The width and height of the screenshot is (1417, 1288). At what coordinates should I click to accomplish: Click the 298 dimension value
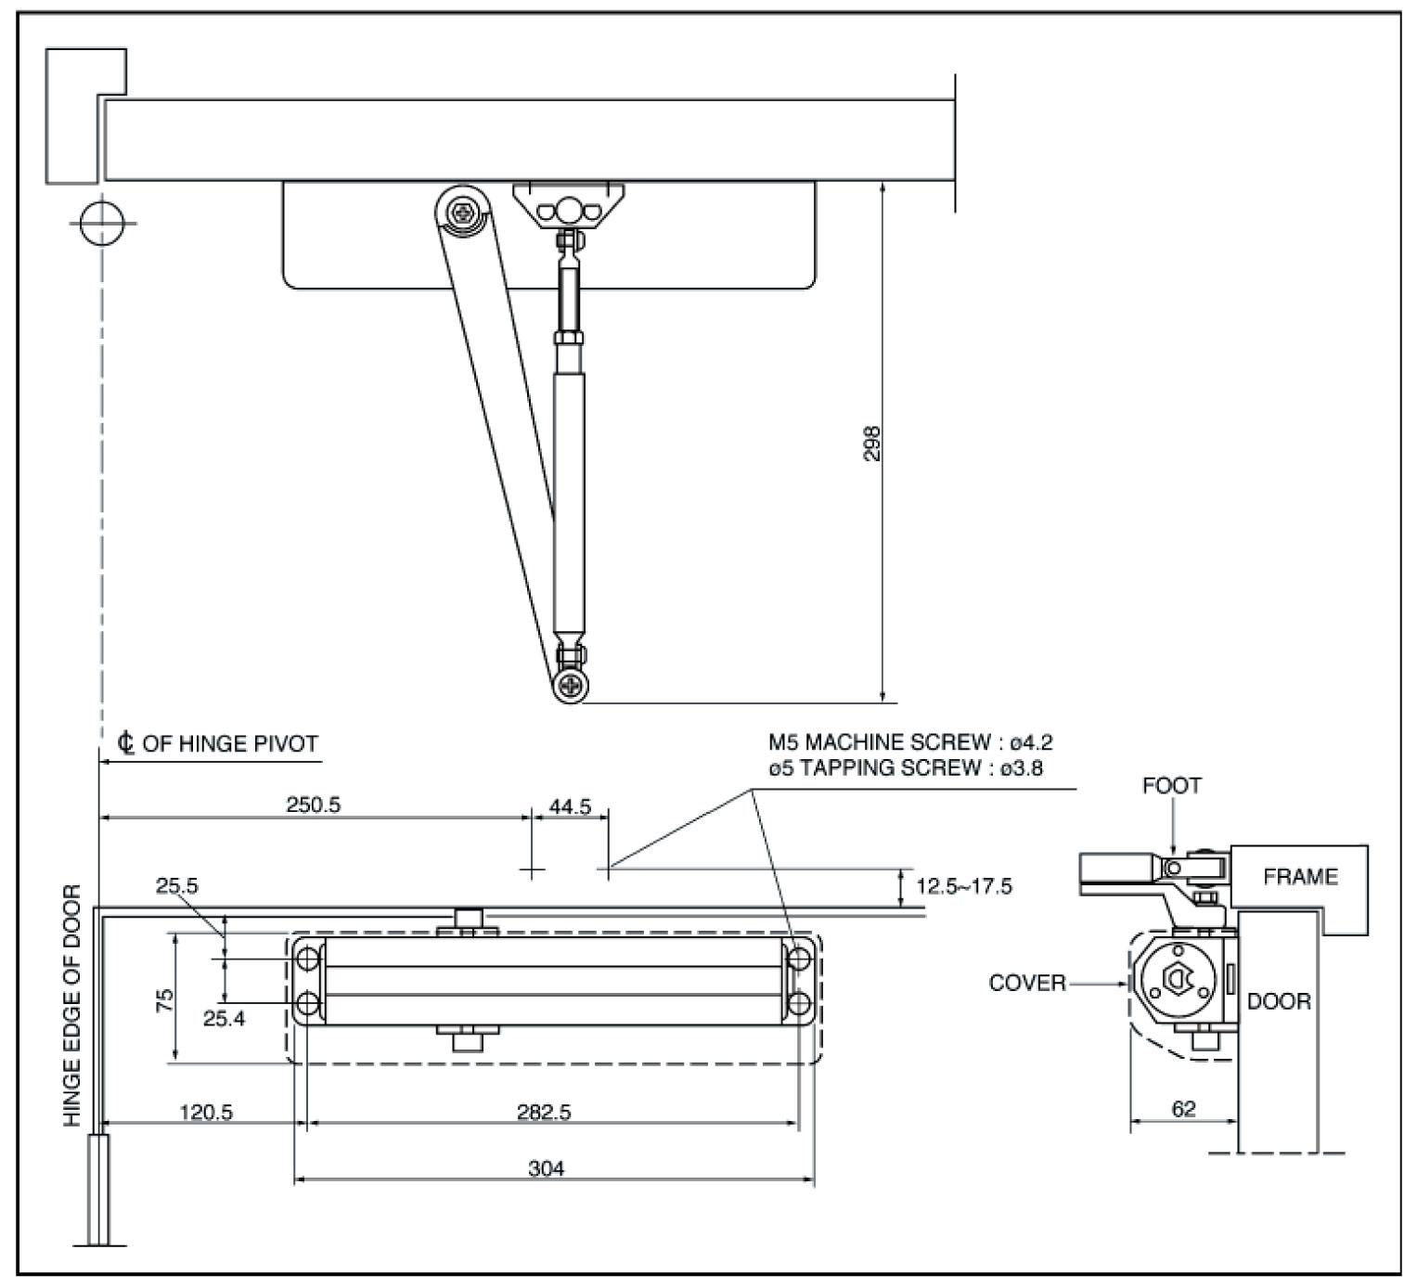[x=871, y=444]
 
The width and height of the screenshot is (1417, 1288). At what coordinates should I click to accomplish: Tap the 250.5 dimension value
[x=313, y=805]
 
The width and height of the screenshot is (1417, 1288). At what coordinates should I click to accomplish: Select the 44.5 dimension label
[x=570, y=806]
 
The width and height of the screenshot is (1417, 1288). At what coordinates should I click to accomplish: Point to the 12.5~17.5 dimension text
[x=964, y=886]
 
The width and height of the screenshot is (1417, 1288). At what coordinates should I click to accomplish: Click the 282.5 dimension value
[x=544, y=1112]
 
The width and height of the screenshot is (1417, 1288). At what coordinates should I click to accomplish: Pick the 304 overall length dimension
[x=546, y=1168]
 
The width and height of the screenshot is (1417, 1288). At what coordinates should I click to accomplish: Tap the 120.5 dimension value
[x=206, y=1112]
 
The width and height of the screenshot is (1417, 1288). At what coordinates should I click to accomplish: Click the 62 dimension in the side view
[x=1183, y=1109]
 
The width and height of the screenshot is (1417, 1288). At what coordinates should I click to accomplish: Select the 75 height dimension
[x=164, y=999]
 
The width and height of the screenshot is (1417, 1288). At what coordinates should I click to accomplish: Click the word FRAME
[x=1300, y=877]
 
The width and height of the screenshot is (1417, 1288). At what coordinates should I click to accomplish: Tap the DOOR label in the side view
[x=1279, y=1001]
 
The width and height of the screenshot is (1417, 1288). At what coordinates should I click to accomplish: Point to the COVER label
[x=1027, y=983]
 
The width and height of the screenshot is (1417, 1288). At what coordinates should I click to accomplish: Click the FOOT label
[x=1172, y=786]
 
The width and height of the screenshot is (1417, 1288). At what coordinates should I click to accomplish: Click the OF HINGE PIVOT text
[x=230, y=743]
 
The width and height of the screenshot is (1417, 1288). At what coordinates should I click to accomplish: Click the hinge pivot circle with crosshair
[x=102, y=224]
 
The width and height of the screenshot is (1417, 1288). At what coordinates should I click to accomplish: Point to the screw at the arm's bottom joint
[x=570, y=685]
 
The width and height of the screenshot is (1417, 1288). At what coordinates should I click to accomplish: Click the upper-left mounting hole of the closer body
[x=308, y=959]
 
